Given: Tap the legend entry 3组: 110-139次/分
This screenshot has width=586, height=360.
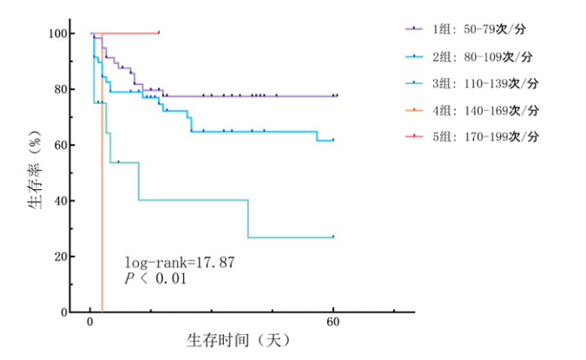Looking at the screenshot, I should [x=483, y=83].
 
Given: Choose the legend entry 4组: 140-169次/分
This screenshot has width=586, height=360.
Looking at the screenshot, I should [x=483, y=110].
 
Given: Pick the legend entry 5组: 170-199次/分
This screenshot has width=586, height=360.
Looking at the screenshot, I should [x=483, y=137].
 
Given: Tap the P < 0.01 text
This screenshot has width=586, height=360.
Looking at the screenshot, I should [x=155, y=278].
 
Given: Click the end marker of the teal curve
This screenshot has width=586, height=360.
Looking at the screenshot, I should [x=333, y=236].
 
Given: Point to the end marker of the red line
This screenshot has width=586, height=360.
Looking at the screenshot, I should [x=158, y=32].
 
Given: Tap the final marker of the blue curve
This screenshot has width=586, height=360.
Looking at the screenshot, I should [x=333, y=140].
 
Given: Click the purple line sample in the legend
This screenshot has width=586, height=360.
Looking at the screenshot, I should [x=413, y=29].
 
